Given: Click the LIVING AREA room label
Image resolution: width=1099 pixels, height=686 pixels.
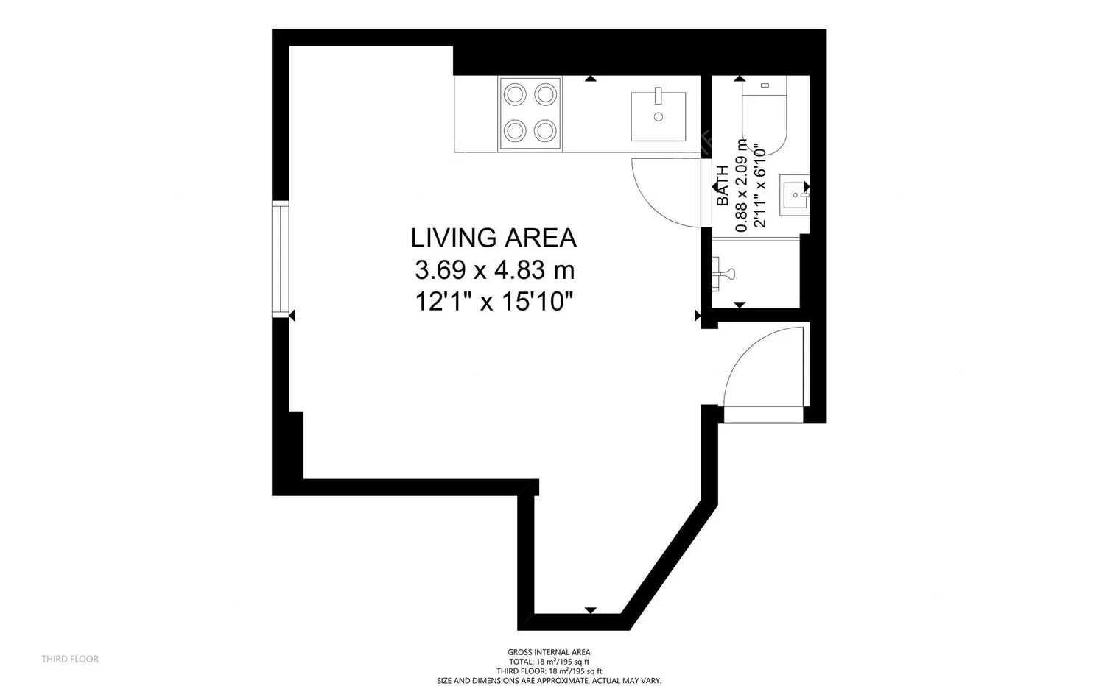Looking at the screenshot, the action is click(494, 238).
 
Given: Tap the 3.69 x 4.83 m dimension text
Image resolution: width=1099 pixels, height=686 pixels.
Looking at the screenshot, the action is click(494, 269).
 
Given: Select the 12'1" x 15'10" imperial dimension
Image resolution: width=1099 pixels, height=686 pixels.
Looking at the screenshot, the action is click(494, 301).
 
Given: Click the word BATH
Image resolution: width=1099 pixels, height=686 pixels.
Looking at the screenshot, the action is click(722, 185).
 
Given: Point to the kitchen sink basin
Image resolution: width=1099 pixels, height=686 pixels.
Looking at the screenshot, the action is click(659, 116).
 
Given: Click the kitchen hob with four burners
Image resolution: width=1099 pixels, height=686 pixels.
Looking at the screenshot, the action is click(530, 114).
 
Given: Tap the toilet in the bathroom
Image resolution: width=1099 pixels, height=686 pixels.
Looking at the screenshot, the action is click(765, 116).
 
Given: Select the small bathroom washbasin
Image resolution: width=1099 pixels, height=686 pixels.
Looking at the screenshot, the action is click(794, 194).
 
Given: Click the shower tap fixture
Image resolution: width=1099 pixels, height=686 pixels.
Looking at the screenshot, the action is click(723, 274).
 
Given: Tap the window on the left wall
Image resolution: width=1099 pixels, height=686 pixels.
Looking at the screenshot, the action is click(281, 259).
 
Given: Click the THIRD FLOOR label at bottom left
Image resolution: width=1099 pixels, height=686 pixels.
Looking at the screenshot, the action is click(70, 659).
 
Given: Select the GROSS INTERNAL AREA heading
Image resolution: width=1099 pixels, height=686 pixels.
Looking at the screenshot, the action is click(549, 652).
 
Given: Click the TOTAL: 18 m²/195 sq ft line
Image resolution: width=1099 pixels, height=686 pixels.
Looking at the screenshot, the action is click(549, 662).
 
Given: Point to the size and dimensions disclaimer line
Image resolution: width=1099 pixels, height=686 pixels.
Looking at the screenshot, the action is click(549, 681).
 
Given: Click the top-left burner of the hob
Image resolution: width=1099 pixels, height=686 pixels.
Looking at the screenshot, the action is click(515, 94).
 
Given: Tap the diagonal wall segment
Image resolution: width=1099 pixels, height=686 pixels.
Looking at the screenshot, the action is click(670, 564).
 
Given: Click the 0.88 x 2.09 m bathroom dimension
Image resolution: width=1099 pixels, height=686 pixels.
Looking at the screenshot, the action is click(741, 185).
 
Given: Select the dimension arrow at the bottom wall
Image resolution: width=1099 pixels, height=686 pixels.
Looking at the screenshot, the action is click(591, 610).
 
